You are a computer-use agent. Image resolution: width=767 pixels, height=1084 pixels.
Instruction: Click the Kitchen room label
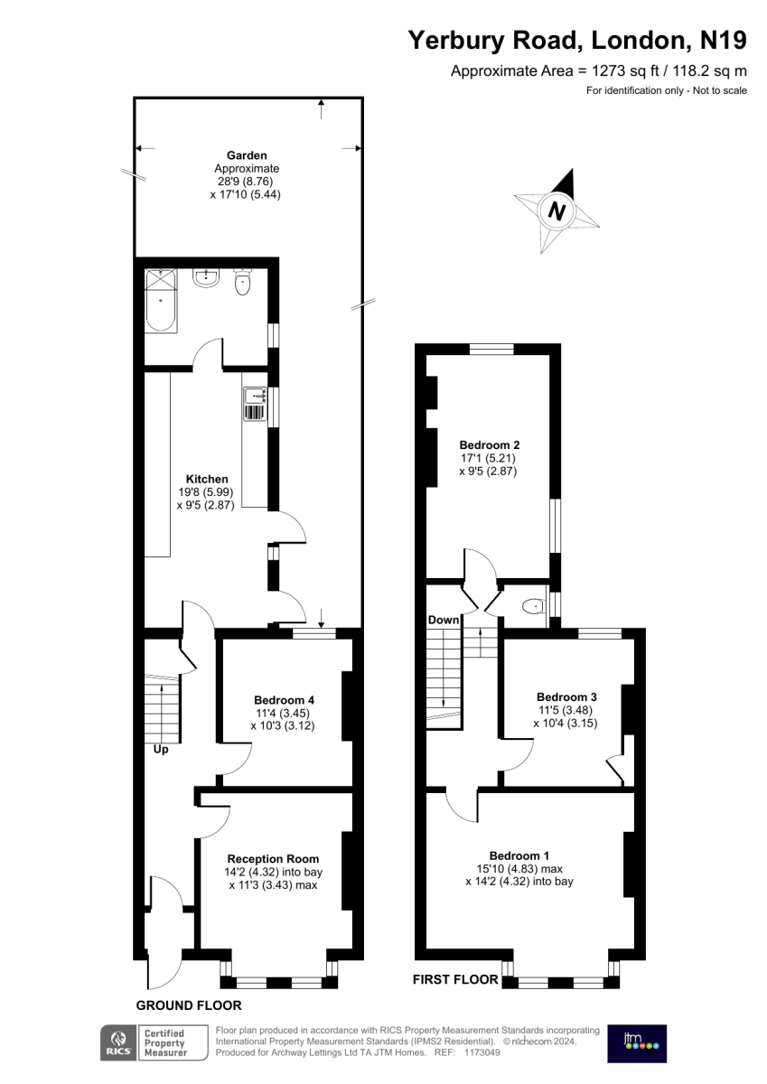click(x=207, y=479)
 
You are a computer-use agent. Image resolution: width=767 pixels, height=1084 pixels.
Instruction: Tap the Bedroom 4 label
click(x=284, y=700)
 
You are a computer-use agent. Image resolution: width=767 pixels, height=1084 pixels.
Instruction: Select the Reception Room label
click(x=274, y=858)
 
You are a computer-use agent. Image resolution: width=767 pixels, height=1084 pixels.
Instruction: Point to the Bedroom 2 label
click(x=490, y=444)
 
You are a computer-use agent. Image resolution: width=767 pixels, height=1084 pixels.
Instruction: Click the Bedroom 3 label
click(x=566, y=696)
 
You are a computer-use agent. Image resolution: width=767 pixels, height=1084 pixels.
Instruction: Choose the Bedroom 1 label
click(x=519, y=855)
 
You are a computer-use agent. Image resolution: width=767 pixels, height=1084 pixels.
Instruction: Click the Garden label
click(x=247, y=155)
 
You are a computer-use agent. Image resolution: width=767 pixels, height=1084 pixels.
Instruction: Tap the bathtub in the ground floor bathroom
click(x=162, y=301)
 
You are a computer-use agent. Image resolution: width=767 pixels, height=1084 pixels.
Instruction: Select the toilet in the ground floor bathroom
click(x=242, y=282)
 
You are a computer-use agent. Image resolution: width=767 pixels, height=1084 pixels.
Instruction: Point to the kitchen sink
click(x=256, y=404)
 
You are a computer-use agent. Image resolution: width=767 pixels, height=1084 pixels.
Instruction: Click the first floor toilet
click(x=534, y=605)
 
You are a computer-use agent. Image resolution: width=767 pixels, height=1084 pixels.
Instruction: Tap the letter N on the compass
click(x=557, y=211)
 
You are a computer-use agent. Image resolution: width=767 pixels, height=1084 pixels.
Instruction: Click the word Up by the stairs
click(x=161, y=749)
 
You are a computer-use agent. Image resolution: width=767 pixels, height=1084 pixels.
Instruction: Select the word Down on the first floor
click(x=444, y=620)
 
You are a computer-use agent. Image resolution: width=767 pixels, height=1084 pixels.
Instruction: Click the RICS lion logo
click(x=118, y=1044)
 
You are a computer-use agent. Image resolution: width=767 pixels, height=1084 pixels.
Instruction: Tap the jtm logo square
click(x=637, y=1043)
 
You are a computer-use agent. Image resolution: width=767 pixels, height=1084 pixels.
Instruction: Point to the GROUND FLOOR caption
click(x=189, y=1005)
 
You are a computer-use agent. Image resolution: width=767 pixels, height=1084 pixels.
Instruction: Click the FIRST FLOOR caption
click(x=455, y=979)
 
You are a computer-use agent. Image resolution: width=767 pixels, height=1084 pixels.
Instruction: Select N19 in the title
click(x=724, y=40)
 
